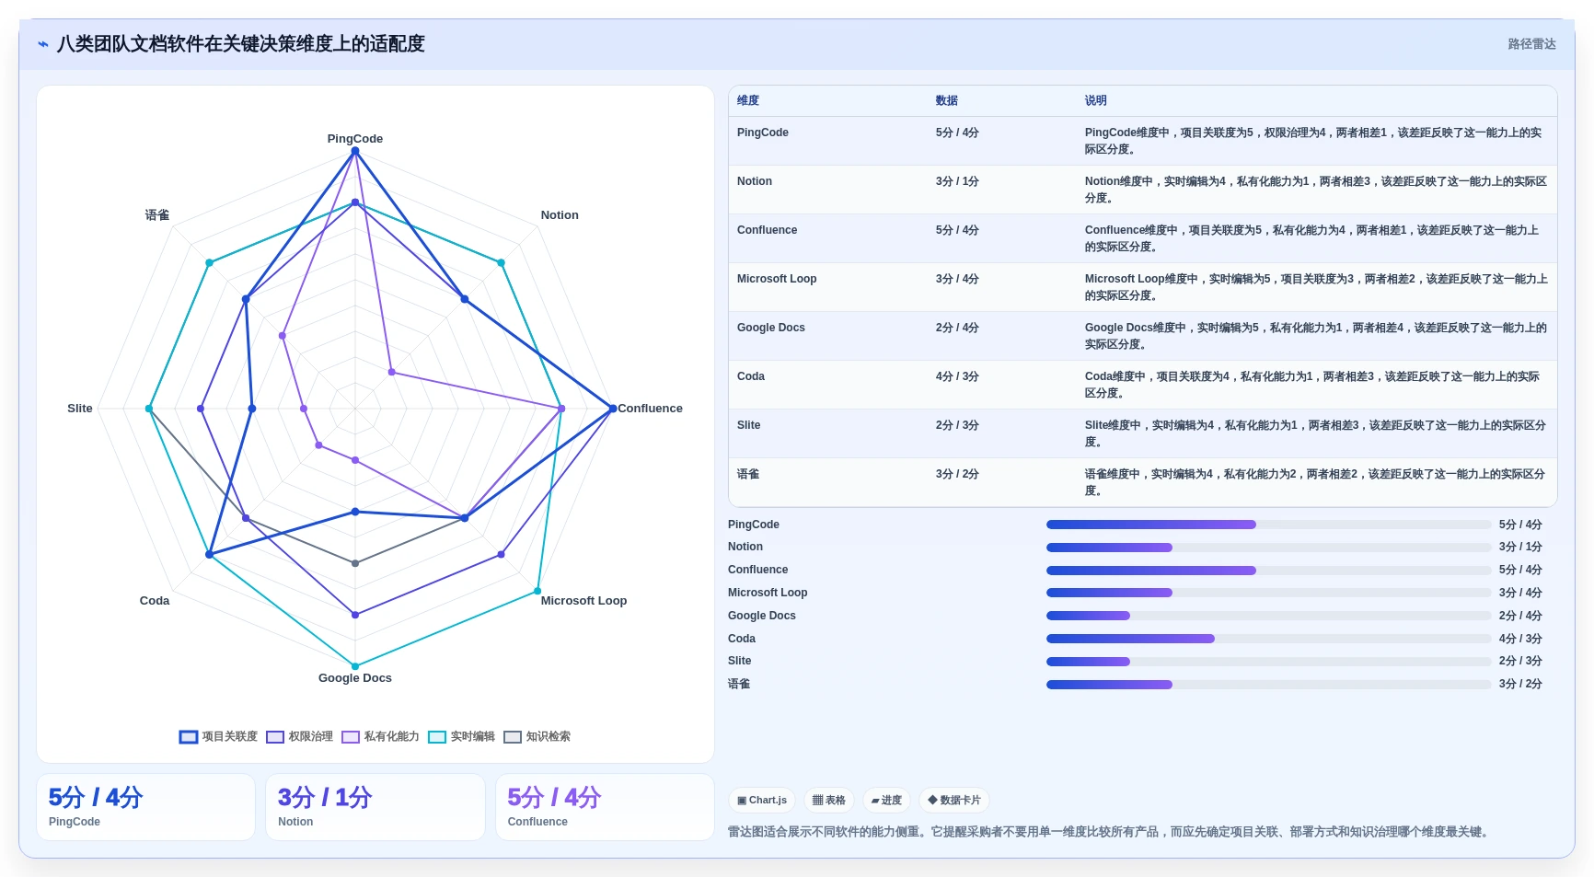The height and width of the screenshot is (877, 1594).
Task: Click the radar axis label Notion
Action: (x=560, y=215)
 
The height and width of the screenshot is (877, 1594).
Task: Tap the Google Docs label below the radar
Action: (x=355, y=678)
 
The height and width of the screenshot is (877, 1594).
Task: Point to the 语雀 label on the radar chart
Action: (x=157, y=215)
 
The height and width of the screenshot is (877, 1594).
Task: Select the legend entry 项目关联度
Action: (x=219, y=737)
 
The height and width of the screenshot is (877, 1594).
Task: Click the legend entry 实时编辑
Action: (x=462, y=737)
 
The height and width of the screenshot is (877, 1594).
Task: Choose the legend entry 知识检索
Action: (x=537, y=737)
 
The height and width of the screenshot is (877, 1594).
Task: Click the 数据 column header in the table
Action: (x=947, y=101)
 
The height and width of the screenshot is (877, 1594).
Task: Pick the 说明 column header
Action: (x=1095, y=101)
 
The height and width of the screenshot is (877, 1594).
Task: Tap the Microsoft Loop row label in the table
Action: (x=777, y=279)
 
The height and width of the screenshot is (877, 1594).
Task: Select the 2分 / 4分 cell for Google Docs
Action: (x=957, y=328)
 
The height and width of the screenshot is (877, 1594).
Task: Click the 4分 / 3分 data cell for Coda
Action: (x=957, y=376)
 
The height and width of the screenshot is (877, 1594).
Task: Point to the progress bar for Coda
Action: (x=1268, y=639)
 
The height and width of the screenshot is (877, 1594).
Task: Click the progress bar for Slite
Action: (x=1268, y=662)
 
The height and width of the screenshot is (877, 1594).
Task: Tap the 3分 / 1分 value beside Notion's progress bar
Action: (x=1520, y=547)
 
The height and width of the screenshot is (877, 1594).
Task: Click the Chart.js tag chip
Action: (x=762, y=801)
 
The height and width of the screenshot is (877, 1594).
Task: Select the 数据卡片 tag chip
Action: (x=954, y=801)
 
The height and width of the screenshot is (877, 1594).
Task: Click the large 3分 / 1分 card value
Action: (x=325, y=798)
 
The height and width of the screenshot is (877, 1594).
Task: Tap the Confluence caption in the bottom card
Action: (x=537, y=822)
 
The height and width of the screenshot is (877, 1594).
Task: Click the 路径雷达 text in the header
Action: (x=1531, y=44)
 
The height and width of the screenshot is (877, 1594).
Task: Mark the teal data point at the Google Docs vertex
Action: (x=355, y=666)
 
